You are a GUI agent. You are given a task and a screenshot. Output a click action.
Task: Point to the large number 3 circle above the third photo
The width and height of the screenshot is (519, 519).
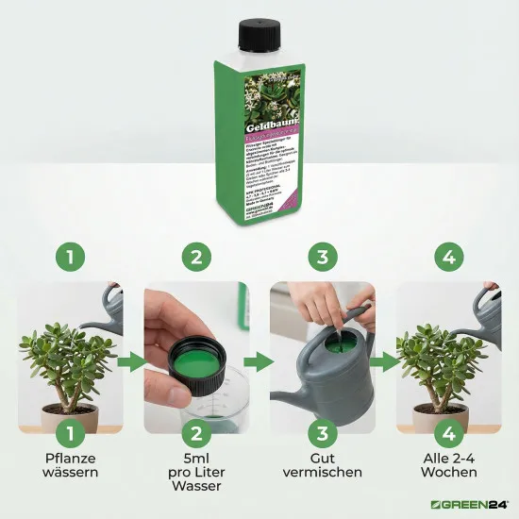pyautogui.click(x=322, y=257)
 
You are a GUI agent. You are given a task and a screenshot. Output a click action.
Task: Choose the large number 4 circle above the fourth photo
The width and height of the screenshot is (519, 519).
pyautogui.click(x=448, y=257)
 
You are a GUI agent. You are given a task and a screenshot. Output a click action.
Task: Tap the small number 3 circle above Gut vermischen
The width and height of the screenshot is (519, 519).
pyautogui.click(x=322, y=433)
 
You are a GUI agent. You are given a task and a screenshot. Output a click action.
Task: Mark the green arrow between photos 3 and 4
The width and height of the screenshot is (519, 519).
pyautogui.click(x=384, y=360)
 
